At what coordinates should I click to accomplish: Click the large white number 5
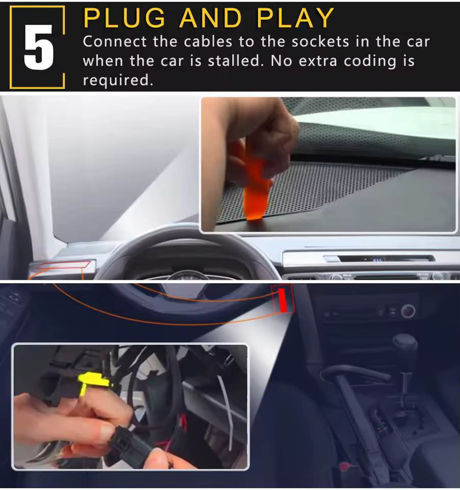coord(39,47)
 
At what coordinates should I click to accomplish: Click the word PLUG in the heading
coord(124,18)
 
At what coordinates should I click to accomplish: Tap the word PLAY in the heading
coord(295,18)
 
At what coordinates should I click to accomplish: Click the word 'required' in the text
coord(118,80)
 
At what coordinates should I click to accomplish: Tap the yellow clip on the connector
coord(93,382)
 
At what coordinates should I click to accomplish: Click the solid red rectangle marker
coord(283,300)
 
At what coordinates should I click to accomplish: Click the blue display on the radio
coord(377,259)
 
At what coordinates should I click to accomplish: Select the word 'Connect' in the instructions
coord(115,41)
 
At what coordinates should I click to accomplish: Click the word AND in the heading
coord(211,18)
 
